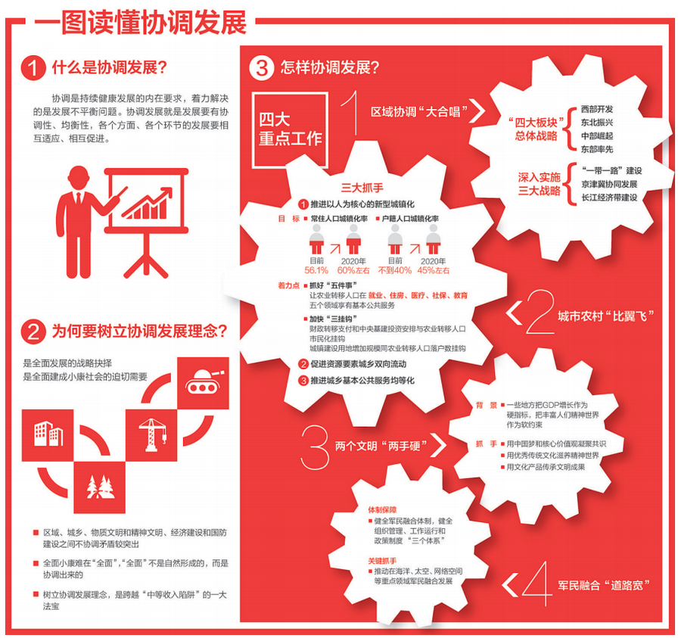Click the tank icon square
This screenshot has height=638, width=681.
click(x=204, y=383)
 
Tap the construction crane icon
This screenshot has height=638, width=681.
click(x=151, y=434)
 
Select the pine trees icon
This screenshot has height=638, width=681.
click(x=101, y=487)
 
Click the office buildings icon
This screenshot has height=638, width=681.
click(x=48, y=434)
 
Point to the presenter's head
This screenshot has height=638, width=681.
click(x=78, y=178)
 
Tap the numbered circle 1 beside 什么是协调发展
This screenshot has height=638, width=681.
click(x=33, y=68)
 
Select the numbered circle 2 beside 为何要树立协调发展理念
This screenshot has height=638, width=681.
click(x=33, y=331)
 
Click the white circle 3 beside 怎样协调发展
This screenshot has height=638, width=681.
click(x=262, y=68)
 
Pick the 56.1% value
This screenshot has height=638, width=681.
click(x=316, y=270)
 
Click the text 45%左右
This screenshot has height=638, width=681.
click(x=433, y=270)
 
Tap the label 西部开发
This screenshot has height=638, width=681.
click(x=597, y=109)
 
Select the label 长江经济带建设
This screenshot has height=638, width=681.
click(x=609, y=198)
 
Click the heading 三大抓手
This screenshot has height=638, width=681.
click(x=362, y=188)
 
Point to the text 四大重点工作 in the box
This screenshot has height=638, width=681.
click(x=290, y=129)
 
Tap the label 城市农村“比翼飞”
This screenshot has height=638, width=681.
click(x=605, y=316)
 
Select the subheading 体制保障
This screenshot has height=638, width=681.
click(x=382, y=510)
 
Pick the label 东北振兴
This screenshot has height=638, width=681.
click(x=597, y=123)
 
